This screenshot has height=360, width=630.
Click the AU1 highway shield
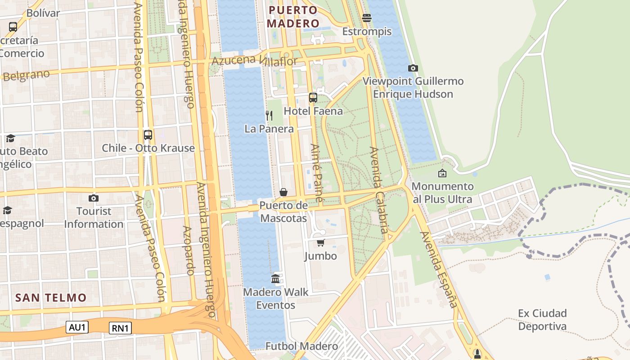click(77, 327)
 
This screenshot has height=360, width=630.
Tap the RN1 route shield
click(120, 328)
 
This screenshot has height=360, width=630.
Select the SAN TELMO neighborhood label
click(50, 297)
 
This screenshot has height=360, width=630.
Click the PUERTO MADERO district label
click(294, 17)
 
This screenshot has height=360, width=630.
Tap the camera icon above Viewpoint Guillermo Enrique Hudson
click(413, 68)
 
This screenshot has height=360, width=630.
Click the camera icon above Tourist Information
click(93, 198)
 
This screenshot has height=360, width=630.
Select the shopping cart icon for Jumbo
click(320, 243)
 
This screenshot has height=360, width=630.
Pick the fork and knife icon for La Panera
click(269, 116)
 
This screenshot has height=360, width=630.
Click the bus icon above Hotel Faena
click(313, 98)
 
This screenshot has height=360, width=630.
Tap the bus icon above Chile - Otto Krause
click(148, 135)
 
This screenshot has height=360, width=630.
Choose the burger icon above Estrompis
click(367, 18)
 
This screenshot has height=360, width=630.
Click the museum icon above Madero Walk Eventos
click(275, 279)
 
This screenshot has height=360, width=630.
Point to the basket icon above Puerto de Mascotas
click(283, 193)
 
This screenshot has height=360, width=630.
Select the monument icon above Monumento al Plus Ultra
click(442, 173)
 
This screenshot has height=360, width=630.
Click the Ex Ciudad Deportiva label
click(542, 319)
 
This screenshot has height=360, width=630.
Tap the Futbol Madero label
click(301, 346)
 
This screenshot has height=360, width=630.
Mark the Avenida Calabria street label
click(378, 190)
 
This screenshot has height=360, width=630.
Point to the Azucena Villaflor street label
click(254, 61)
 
